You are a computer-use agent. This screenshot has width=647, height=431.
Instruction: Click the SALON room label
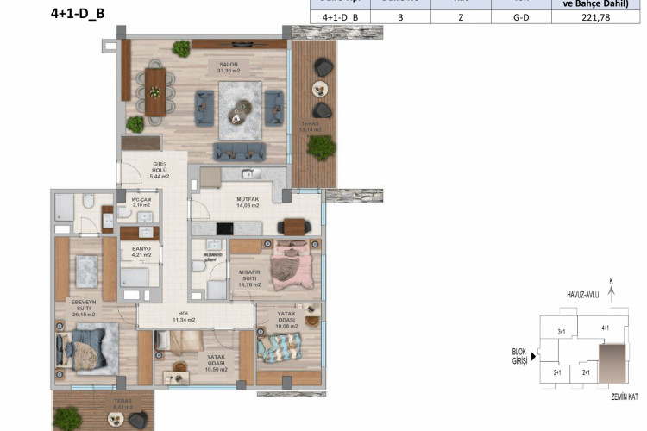pos(229,66)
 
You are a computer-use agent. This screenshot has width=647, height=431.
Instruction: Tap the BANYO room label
pos(141,251)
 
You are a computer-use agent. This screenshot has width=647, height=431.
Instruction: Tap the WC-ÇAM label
pos(141,203)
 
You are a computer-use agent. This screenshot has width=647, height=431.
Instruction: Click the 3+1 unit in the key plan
pos(561,331)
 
